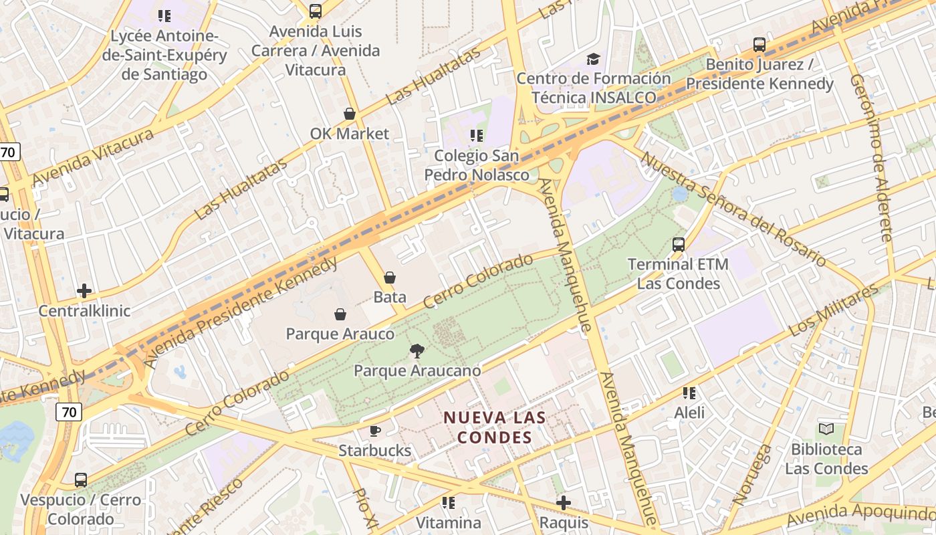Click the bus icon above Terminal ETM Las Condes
(x=679, y=244)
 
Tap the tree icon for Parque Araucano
(x=417, y=350)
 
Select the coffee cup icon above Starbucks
(x=375, y=431)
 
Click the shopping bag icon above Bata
(x=389, y=277)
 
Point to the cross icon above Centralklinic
(x=84, y=291)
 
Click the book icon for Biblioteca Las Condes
(x=826, y=429)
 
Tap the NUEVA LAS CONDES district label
(x=495, y=427)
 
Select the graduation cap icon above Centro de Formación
(x=593, y=59)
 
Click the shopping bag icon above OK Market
(x=349, y=114)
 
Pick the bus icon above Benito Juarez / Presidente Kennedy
(x=759, y=45)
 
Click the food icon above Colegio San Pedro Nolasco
(x=476, y=136)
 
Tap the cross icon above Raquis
(x=564, y=502)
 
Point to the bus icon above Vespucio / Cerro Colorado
(x=81, y=479)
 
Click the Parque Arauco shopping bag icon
(x=340, y=314)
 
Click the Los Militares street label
(x=833, y=310)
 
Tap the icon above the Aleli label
(x=689, y=393)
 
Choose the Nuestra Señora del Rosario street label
(x=733, y=209)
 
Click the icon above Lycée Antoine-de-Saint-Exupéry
(x=164, y=15)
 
